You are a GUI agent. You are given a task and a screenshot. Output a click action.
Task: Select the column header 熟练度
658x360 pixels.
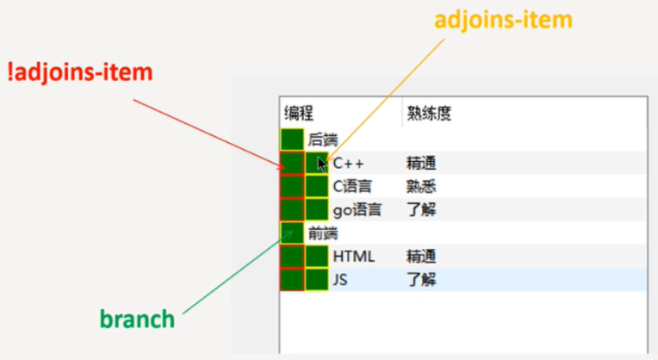point(430,114)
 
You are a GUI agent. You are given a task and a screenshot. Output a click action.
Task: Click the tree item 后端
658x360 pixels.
point(322,140)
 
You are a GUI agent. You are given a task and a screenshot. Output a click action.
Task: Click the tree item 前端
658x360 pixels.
point(322,233)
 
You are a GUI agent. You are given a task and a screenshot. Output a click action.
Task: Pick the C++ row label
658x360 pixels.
point(350,163)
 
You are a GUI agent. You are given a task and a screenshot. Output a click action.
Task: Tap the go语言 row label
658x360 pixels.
point(357,209)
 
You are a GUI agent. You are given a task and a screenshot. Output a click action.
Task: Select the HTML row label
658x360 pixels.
point(354,257)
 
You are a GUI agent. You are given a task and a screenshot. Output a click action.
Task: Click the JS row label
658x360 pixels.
point(341,280)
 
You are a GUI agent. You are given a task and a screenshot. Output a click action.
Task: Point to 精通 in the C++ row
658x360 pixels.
point(421,163)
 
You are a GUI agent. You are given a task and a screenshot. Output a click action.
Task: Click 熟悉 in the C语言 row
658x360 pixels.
point(421,186)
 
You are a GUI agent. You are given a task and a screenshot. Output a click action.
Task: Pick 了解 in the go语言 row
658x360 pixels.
point(421,209)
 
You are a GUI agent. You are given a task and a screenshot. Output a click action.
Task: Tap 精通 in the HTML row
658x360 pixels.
point(421,257)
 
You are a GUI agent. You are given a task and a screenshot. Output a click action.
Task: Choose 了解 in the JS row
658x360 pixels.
point(421,280)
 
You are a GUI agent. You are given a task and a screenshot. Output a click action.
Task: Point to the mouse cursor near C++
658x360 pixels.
point(321,163)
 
